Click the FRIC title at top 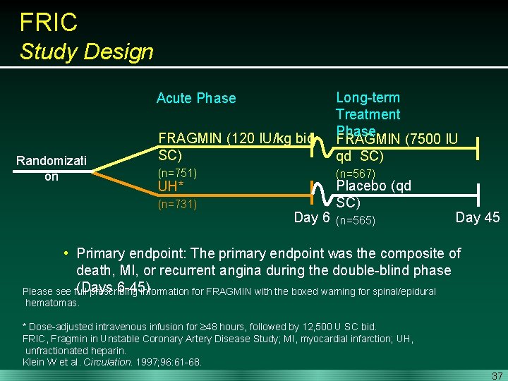[x=49, y=23]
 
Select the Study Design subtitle [x=86, y=52]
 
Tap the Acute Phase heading [x=196, y=98]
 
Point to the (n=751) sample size [x=178, y=173]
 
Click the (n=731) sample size [x=178, y=205]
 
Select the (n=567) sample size [x=356, y=174]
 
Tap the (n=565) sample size [x=356, y=221]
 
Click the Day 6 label [x=311, y=217]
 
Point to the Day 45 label [x=478, y=217]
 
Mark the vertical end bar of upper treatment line [x=478, y=148]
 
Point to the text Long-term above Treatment [x=368, y=97]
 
